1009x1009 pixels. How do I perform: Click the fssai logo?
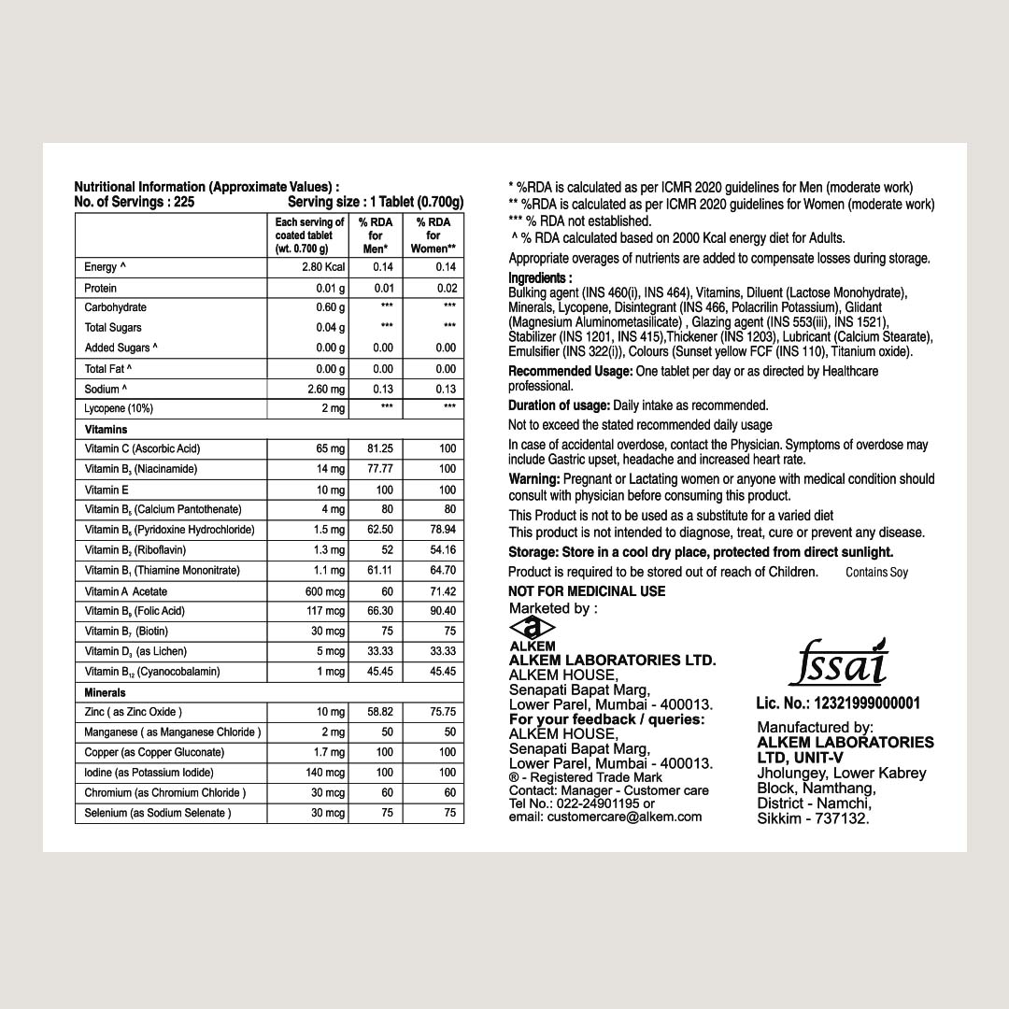pos(837,663)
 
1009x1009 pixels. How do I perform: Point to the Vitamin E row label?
pos(107,490)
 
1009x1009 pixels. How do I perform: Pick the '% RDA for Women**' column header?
pos(433,235)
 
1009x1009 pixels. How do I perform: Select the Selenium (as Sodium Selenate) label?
pos(157,813)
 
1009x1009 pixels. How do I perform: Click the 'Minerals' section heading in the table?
pos(105,692)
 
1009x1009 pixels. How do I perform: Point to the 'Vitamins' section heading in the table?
pos(106,430)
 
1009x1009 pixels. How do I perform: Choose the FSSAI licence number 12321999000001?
pos(838,703)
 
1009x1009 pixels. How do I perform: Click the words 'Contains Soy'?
pos(876,573)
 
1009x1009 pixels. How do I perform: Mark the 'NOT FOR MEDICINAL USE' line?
pos(587,591)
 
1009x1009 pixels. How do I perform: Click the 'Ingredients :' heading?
pos(540,278)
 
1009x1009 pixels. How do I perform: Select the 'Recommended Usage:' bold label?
pos(570,372)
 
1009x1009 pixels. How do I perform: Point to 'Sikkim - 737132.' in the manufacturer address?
pos(813,818)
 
